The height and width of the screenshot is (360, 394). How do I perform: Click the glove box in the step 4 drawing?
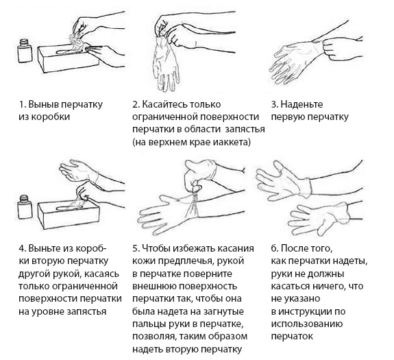(x=69, y=214)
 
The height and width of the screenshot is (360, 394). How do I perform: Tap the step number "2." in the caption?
(x=135, y=104)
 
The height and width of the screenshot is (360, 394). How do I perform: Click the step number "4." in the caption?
(x=22, y=250)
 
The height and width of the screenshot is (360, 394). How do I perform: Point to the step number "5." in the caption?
(x=135, y=250)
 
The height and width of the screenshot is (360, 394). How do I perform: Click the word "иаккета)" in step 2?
(x=232, y=141)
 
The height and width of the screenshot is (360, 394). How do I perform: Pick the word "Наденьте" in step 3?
(x=302, y=104)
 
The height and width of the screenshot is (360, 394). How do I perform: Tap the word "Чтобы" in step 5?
(x=157, y=250)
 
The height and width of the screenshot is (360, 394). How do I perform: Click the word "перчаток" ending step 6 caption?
(x=292, y=336)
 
